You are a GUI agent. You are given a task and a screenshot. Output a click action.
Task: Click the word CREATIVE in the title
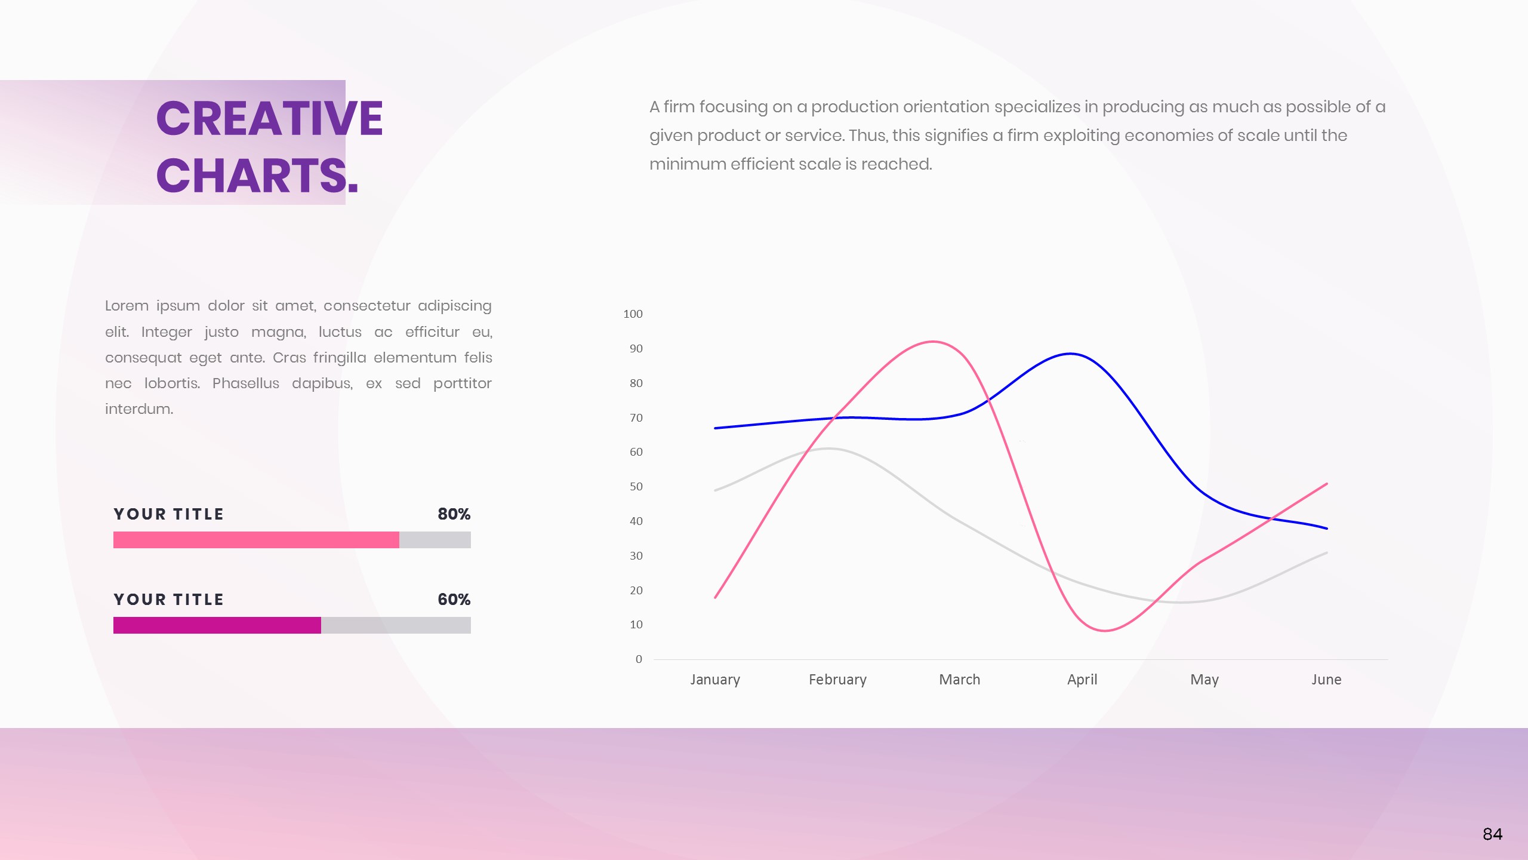(269, 118)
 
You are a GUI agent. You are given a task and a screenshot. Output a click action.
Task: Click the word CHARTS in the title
(251, 176)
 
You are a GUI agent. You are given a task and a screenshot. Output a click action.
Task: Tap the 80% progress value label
(454, 514)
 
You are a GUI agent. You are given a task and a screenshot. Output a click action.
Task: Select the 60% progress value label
(454, 600)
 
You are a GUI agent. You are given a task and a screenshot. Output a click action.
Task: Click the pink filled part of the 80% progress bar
(256, 540)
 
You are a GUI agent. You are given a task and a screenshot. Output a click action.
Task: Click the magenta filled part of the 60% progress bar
(217, 625)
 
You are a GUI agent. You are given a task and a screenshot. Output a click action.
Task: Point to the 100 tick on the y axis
(633, 314)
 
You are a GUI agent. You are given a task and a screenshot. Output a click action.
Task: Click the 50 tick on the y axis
(636, 487)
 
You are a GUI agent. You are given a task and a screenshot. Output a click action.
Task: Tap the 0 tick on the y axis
(639, 659)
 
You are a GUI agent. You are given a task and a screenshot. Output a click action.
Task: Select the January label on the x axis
(715, 680)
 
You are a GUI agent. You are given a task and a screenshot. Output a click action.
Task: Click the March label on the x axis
(960, 680)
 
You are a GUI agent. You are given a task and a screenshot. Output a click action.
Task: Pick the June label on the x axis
(1326, 680)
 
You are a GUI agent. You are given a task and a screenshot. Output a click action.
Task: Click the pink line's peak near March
(932, 342)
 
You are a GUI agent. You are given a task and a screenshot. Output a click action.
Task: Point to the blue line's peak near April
(1071, 354)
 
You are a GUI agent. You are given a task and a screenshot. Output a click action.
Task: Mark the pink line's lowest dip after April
(1105, 631)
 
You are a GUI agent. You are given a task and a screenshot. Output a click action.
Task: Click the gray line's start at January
(715, 490)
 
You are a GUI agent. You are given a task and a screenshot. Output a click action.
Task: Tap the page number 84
(1492, 834)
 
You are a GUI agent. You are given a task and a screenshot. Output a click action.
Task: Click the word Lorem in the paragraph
(127, 306)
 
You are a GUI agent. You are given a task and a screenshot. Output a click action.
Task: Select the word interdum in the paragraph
(139, 409)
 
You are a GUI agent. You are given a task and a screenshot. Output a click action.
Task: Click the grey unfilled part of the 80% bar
(435, 540)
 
